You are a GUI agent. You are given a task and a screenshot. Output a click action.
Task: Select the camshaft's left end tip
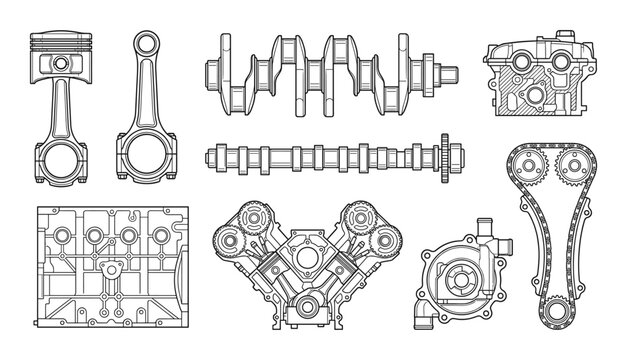coord(208,156)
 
